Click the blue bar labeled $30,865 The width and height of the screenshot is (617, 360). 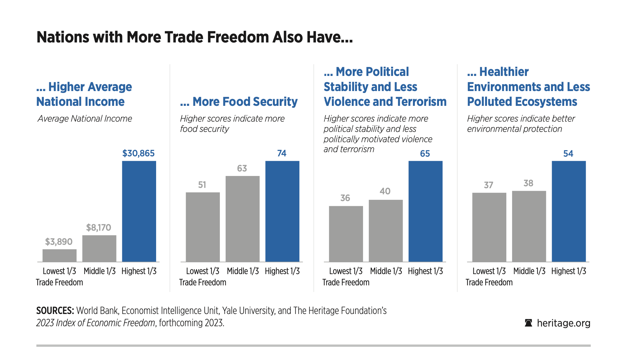click(139, 211)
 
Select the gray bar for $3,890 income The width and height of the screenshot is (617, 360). click(60, 255)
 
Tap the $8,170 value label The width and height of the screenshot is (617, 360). click(98, 228)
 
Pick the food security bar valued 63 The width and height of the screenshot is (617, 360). click(242, 219)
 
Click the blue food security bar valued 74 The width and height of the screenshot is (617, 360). click(282, 211)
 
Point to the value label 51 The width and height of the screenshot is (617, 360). click(202, 185)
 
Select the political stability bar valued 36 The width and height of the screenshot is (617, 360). click(346, 234)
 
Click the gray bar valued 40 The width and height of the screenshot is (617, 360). click(386, 231)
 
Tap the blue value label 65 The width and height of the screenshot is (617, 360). click(425, 153)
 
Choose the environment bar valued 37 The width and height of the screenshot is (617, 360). click(489, 227)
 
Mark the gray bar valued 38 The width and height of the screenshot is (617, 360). click(529, 226)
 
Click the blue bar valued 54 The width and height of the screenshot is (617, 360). click(568, 211)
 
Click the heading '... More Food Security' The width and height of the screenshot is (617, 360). click(239, 102)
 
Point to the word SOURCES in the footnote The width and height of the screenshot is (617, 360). click(55, 310)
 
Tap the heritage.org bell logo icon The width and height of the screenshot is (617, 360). click(528, 323)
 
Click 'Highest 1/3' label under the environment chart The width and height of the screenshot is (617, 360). click(568, 271)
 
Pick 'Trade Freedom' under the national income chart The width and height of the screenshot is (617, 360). click(60, 282)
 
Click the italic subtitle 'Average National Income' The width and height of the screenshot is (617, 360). click(85, 119)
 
